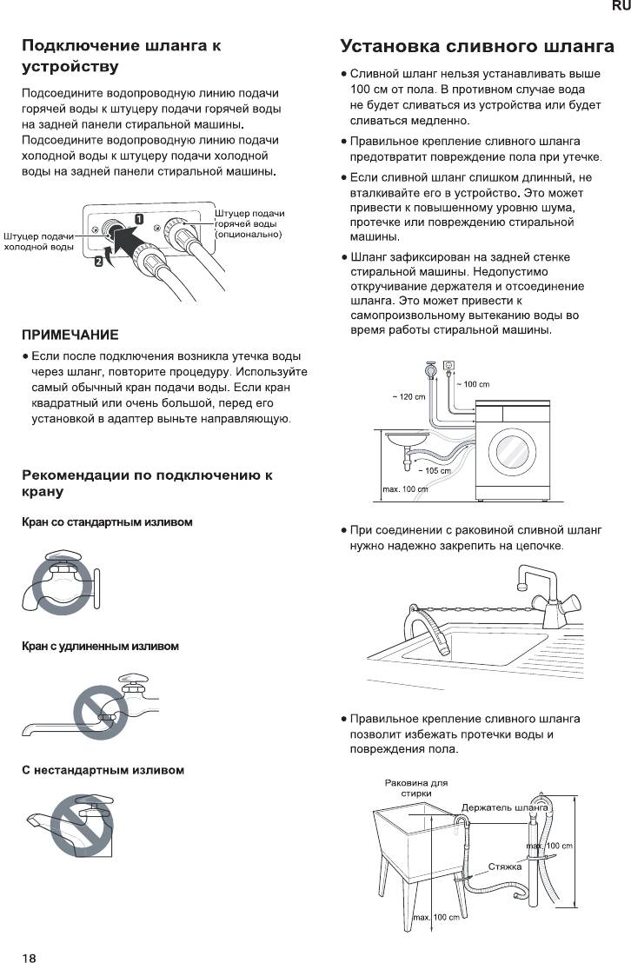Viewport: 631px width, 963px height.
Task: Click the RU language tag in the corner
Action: (621, 7)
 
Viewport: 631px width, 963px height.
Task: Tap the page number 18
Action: (30, 934)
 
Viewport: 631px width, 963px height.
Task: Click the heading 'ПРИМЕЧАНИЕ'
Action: (70, 335)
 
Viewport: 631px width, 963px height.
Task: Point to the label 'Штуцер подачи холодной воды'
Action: (38, 242)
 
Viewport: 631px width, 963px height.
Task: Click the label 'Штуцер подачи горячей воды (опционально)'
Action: (249, 224)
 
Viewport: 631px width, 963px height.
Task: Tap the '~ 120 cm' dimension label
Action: (408, 397)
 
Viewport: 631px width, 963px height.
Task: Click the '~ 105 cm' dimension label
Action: (434, 470)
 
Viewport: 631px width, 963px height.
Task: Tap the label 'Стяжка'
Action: (504, 867)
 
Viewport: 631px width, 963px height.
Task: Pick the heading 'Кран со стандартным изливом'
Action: (107, 522)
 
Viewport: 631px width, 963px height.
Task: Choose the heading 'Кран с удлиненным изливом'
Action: (100, 647)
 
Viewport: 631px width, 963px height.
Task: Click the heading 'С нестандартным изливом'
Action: (103, 770)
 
